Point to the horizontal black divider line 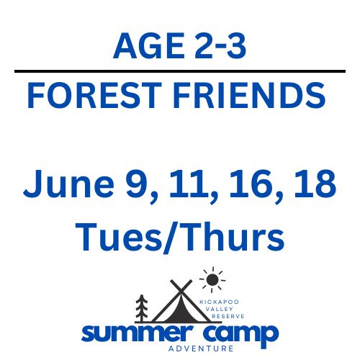(x=180, y=72)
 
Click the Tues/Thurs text (x=180, y=235)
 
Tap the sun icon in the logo (x=212, y=279)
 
